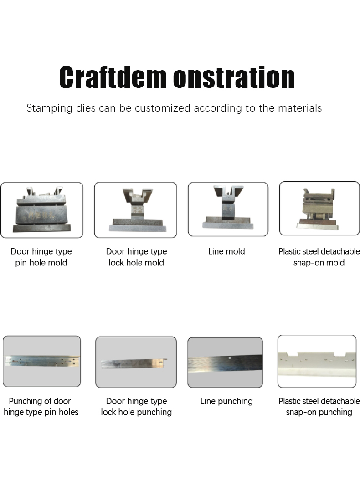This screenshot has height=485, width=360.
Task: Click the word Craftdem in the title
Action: click(113, 77)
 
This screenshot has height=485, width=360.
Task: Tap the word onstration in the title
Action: click(234, 77)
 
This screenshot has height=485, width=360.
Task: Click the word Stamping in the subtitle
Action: click(49, 108)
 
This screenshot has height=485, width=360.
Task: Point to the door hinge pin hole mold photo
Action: click(42, 210)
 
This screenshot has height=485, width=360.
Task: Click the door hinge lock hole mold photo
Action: click(135, 210)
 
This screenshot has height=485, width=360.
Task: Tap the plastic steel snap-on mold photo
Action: click(319, 209)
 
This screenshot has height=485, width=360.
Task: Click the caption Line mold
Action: click(226, 251)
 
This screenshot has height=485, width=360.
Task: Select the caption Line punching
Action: click(226, 401)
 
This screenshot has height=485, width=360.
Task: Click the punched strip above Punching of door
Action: click(42, 361)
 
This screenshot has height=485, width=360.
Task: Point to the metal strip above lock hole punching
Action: click(134, 363)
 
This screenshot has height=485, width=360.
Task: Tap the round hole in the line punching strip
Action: click(230, 358)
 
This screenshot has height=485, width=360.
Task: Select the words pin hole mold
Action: click(41, 263)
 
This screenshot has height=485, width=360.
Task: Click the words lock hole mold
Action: click(136, 263)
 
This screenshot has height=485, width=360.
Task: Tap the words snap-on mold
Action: click(319, 263)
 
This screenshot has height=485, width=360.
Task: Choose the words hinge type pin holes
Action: click(41, 412)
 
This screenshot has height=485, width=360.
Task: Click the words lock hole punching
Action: click(136, 412)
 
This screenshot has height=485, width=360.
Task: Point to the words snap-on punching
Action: click(319, 412)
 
